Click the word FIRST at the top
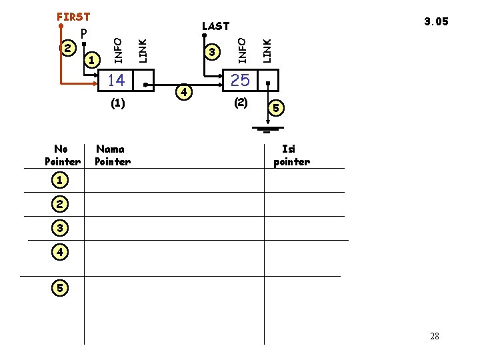coord(73,16)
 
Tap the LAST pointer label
coord(215,26)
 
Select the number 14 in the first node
coord(116,81)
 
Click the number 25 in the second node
coord(240,81)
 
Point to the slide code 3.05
coord(437,21)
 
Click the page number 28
coord(435,336)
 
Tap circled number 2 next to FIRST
coord(67,47)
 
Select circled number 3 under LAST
coord(212,52)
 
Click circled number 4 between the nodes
coord(185,90)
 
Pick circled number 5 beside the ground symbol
coord(277,107)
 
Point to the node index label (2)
coord(241,103)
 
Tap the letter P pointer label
coord(84,34)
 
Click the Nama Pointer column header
coord(113,155)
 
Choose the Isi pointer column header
coord(291,155)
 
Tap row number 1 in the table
coord(60,180)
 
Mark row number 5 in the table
coord(60,288)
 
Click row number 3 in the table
coord(60,228)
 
